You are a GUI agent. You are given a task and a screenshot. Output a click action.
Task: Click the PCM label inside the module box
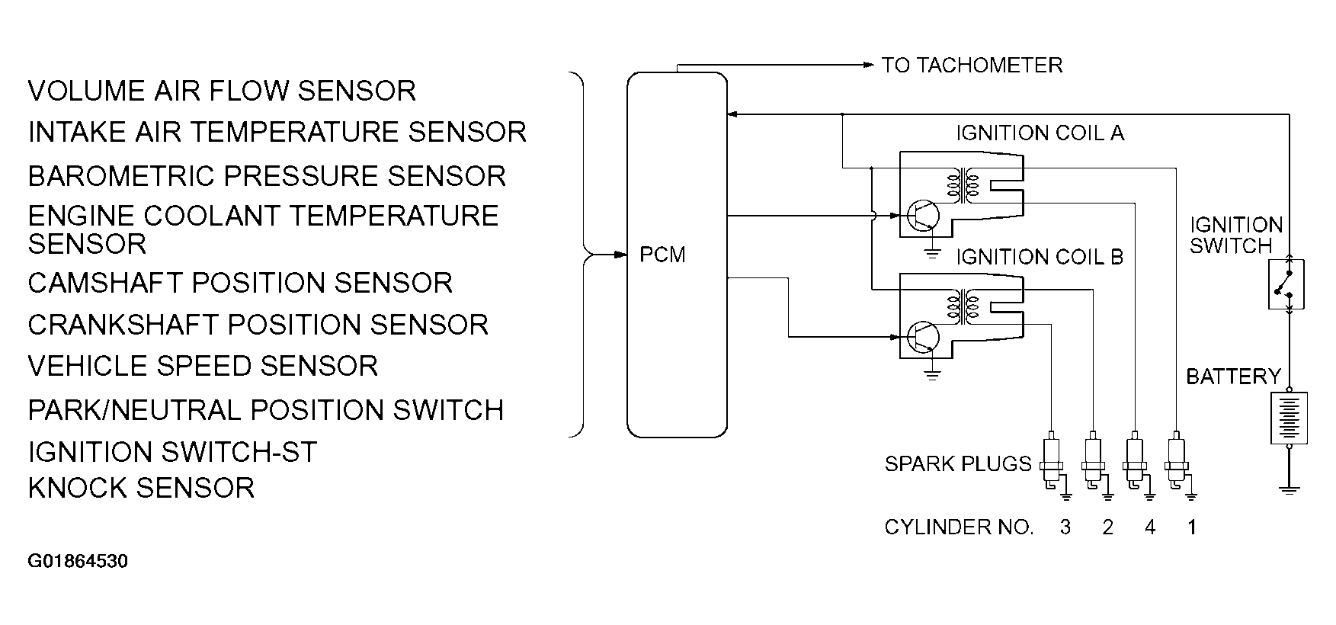[662, 255]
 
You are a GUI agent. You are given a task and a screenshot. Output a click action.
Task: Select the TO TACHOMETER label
[972, 65]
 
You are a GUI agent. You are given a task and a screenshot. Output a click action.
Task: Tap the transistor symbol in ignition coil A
[924, 215]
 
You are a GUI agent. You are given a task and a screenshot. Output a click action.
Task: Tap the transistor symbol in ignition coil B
[924, 335]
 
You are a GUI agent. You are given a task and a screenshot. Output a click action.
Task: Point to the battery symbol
[1289, 418]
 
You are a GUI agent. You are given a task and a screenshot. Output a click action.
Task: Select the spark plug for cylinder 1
[1177, 463]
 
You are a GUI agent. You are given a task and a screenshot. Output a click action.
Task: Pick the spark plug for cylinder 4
[1136, 463]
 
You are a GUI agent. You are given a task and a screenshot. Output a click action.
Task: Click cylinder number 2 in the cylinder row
[1107, 527]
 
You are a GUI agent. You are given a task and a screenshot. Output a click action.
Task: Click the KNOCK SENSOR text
[141, 488]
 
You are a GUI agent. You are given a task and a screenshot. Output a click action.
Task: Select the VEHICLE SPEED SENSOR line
[203, 366]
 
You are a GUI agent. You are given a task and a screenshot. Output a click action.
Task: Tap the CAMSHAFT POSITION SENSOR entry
[240, 283]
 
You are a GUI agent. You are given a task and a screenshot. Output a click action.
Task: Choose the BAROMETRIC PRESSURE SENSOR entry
[267, 176]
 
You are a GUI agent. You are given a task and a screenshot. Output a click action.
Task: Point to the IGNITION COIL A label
[1040, 133]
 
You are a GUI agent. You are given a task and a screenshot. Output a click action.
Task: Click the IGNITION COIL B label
[1040, 257]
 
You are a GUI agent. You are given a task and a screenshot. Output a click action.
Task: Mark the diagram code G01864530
[78, 562]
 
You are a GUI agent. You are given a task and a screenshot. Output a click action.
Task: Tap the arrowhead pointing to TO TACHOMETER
[868, 66]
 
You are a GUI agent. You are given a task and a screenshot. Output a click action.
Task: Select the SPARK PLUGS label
[958, 463]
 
